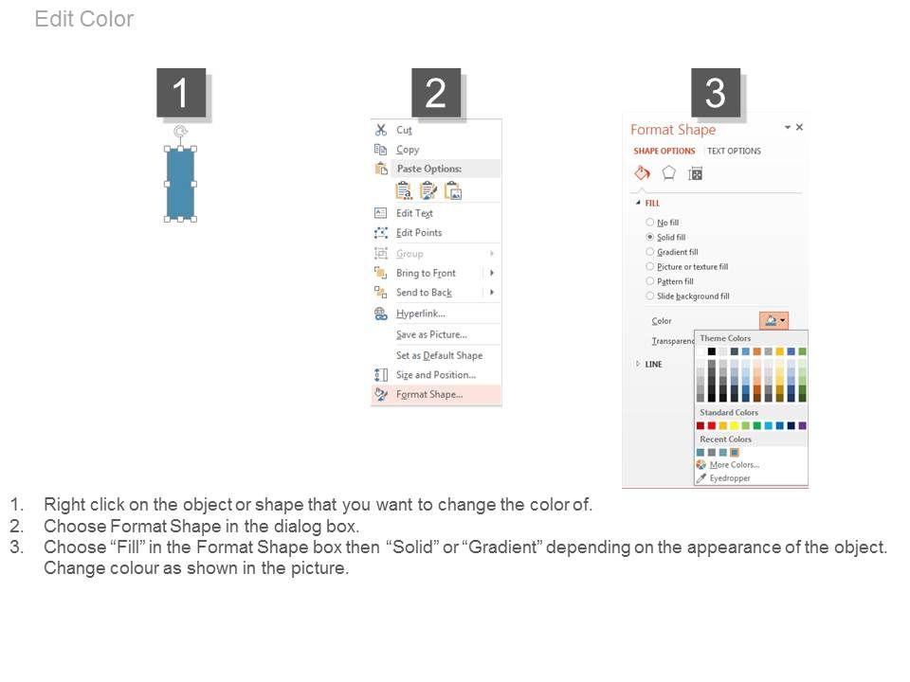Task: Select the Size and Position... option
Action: (436, 375)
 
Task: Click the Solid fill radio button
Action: (650, 237)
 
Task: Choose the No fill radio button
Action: (650, 222)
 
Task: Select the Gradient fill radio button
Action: (650, 252)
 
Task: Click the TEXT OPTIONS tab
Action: (734, 151)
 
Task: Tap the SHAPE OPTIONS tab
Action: (664, 151)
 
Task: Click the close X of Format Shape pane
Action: (799, 127)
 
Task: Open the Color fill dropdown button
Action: (773, 320)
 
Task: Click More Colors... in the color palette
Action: (734, 464)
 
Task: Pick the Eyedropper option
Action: (730, 477)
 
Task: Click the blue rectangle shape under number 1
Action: (180, 184)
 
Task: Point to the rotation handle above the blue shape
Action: (180, 132)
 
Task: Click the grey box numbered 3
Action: (715, 93)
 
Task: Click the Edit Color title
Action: (84, 19)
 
